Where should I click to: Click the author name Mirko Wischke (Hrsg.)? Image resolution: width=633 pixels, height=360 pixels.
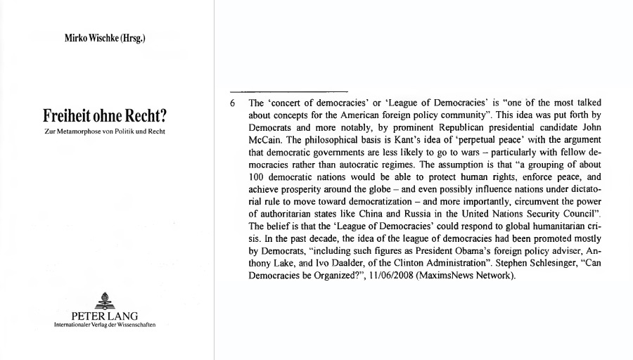tap(105, 39)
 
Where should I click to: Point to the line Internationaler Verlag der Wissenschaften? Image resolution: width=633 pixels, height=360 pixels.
tap(105, 324)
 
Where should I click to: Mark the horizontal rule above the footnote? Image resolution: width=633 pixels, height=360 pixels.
tap(289, 91)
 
